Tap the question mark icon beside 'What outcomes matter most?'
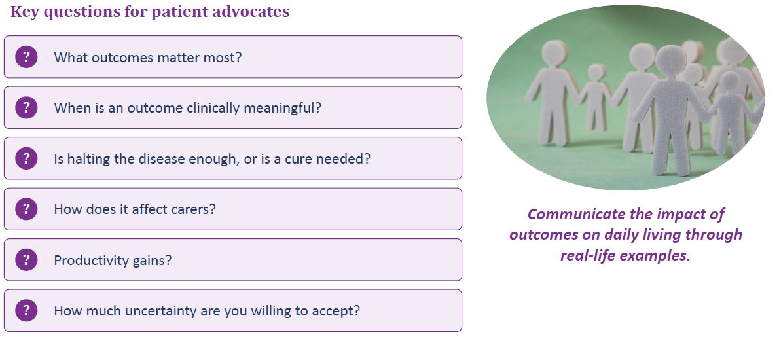coord(26,57)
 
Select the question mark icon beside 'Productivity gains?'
coord(26,260)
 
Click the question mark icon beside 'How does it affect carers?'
coord(26,209)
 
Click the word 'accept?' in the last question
coord(336,312)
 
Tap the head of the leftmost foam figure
coord(554,54)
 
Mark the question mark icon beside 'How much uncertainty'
coord(26,310)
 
